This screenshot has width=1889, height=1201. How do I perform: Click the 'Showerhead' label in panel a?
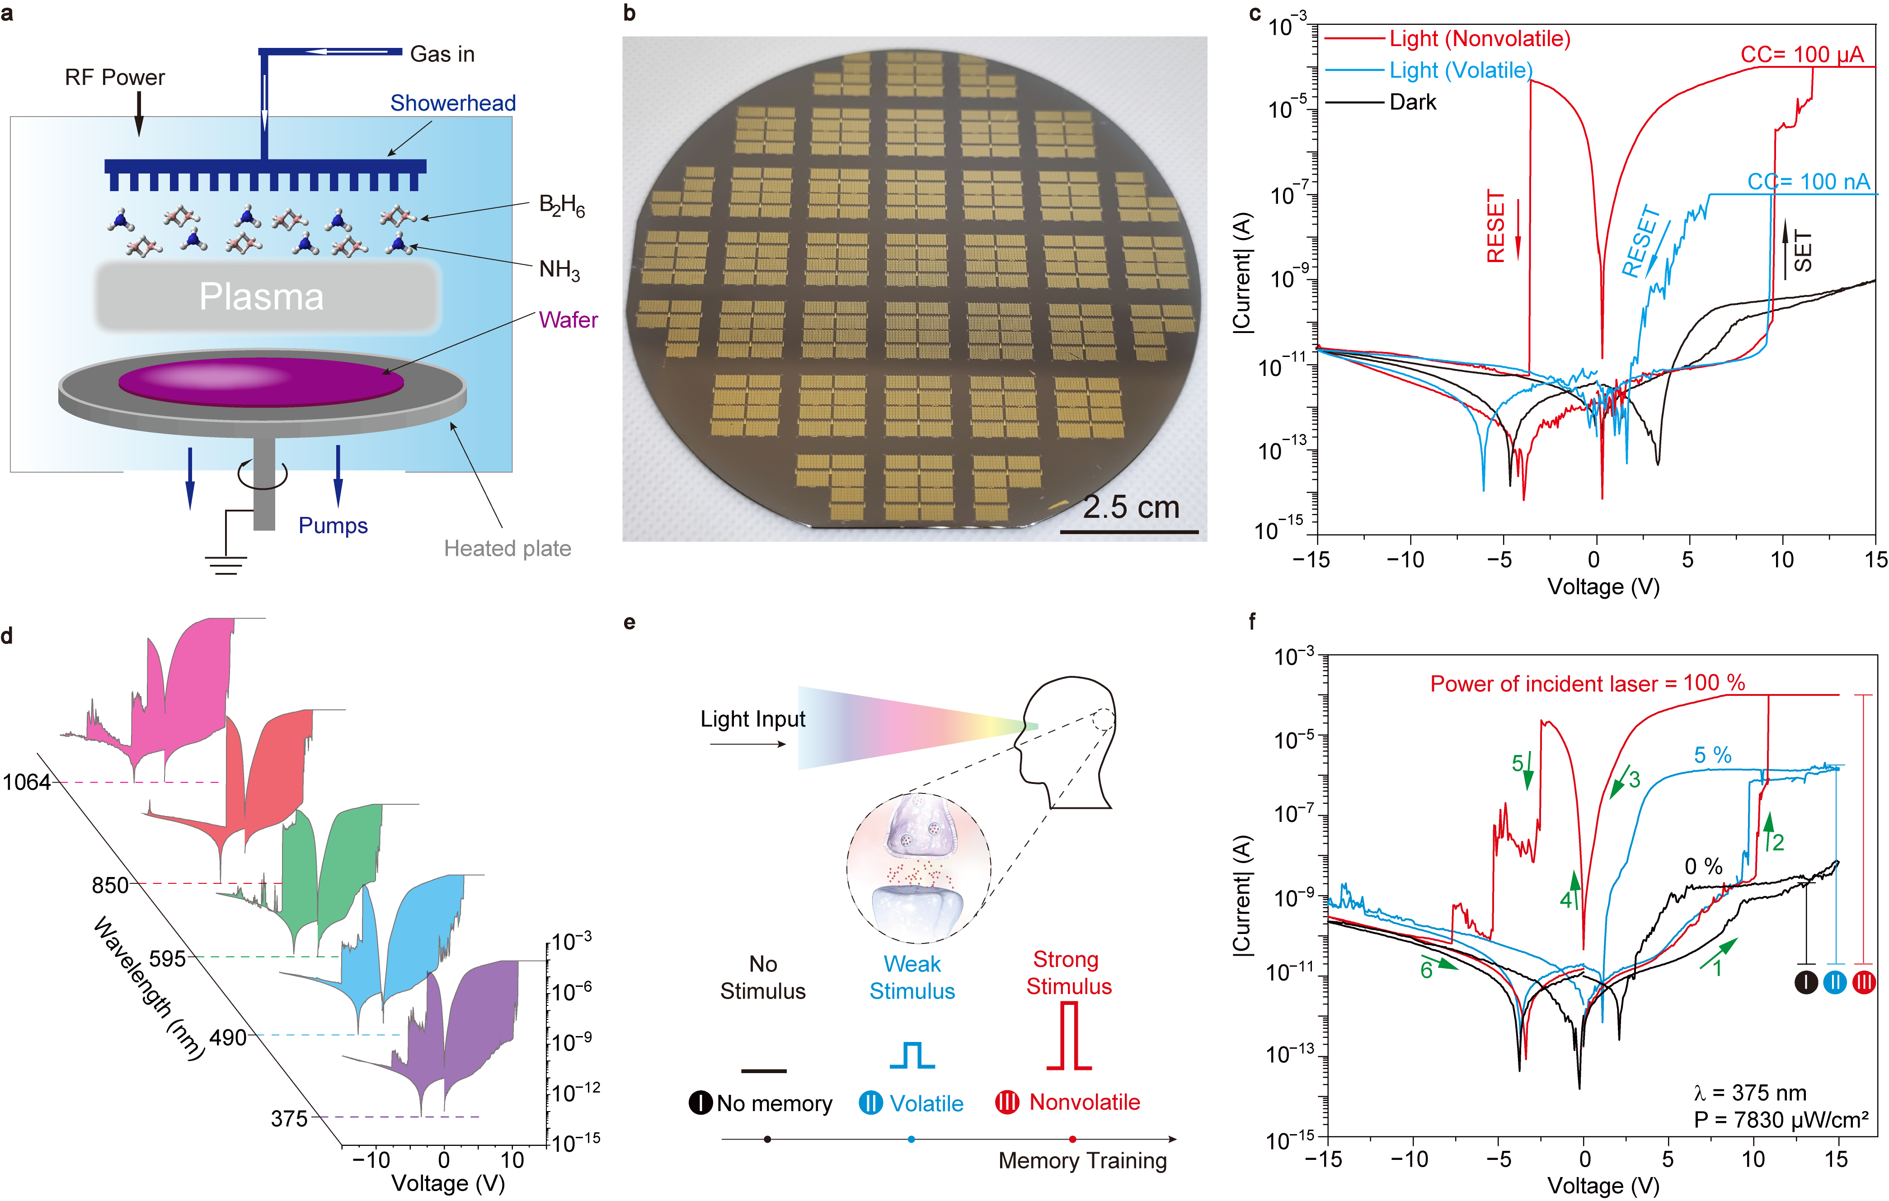point(453,103)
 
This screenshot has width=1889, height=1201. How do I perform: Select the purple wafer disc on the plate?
point(261,381)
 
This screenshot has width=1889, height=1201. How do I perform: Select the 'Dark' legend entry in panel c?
point(1412,102)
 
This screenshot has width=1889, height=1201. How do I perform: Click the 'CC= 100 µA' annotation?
point(1801,54)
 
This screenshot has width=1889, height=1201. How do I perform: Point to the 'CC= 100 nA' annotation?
point(1808,182)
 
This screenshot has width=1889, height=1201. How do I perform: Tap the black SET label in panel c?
point(1803,251)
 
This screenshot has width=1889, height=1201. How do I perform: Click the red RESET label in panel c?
point(1496,227)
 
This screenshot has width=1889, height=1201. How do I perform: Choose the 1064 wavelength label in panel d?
point(27,782)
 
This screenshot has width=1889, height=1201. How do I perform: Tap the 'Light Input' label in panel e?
point(752,719)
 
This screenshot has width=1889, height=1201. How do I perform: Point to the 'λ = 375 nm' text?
point(1749,1093)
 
